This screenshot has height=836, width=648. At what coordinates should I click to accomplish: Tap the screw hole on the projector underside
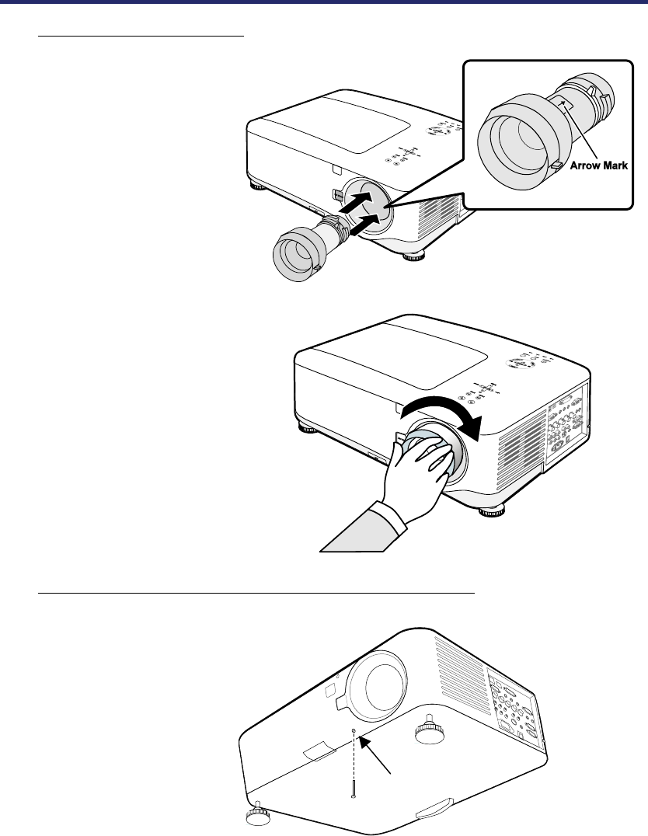354,732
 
